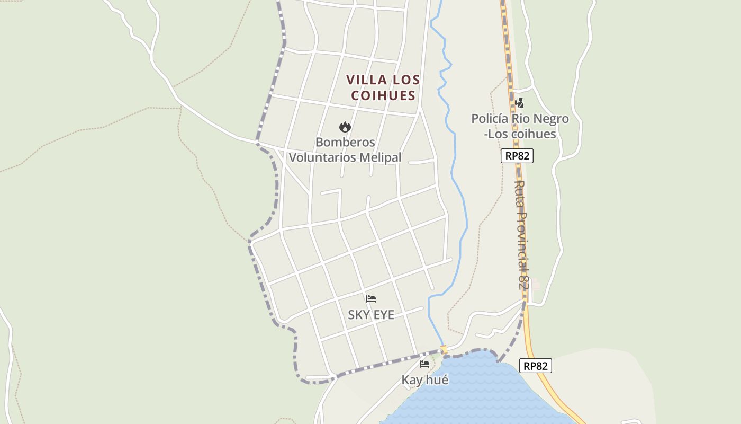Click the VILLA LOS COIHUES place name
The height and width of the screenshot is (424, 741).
click(383, 87)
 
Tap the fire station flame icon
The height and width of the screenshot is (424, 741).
click(345, 127)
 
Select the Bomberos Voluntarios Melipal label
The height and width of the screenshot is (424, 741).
click(345, 150)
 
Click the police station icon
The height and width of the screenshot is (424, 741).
click(519, 103)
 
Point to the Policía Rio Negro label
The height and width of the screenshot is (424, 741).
click(520, 119)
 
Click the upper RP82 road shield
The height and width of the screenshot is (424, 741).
click(517, 156)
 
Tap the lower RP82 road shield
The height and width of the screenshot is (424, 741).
click(536, 366)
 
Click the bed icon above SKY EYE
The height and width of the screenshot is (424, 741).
click(371, 299)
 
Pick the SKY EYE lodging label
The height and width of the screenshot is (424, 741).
click(371, 315)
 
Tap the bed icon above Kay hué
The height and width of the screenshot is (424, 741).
click(424, 364)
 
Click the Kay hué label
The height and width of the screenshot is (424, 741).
click(424, 380)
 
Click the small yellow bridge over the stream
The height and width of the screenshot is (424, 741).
click(444, 349)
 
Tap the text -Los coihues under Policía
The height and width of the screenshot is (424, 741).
click(520, 134)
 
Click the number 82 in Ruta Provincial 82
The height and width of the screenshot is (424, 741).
click(523, 279)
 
